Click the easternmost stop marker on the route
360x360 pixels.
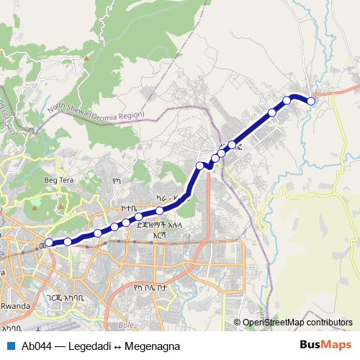coord(311,102)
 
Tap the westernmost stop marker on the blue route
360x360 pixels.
coord(49,243)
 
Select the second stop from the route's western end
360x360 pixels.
coord(68,242)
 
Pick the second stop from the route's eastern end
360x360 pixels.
coord(287,100)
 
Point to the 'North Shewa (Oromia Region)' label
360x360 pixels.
coord(96,110)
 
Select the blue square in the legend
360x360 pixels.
coord(10,346)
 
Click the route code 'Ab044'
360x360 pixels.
coord(37,346)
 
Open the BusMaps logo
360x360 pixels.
coord(322,346)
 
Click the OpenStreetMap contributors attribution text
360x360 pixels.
coord(297,323)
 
